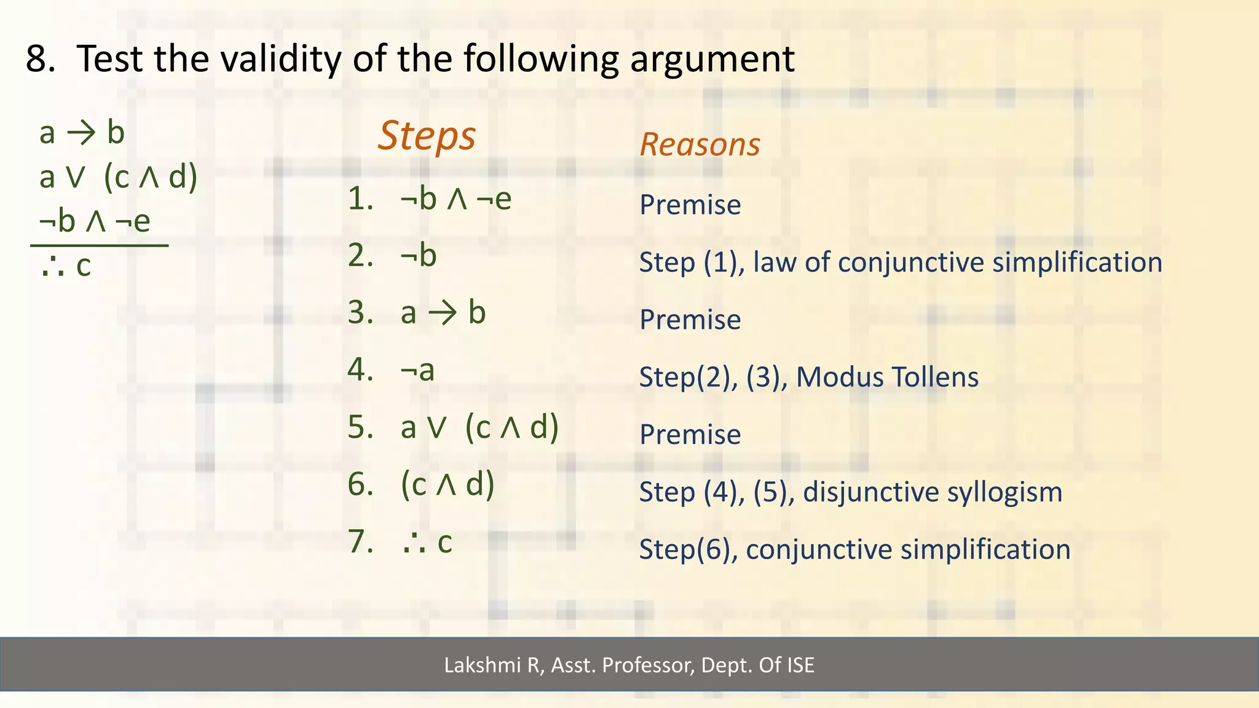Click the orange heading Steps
pyautogui.click(x=427, y=136)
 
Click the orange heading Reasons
pyautogui.click(x=700, y=145)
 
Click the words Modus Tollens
pyautogui.click(x=887, y=377)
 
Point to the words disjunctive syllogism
pyautogui.click(x=932, y=492)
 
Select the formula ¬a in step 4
pyautogui.click(x=417, y=370)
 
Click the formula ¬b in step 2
pyautogui.click(x=418, y=255)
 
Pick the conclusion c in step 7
pyautogui.click(x=444, y=543)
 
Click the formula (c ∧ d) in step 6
pyautogui.click(x=448, y=484)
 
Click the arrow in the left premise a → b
pyautogui.click(x=81, y=133)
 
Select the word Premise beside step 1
pyautogui.click(x=690, y=205)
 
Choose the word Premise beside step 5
pyautogui.click(x=690, y=435)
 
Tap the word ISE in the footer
pyautogui.click(x=800, y=665)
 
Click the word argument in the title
pyautogui.click(x=712, y=59)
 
